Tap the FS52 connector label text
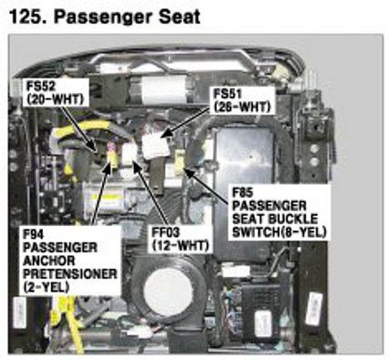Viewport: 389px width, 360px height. [41, 86]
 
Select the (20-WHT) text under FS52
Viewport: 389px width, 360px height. [55, 99]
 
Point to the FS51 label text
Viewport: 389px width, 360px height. [229, 94]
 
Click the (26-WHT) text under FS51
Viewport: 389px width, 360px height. [242, 107]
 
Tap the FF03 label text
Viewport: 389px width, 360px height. [166, 232]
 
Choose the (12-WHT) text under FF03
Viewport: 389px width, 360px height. [180, 245]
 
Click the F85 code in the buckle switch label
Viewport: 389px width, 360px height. [243, 192]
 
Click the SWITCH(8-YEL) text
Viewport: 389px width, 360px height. [280, 232]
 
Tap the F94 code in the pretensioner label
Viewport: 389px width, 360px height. [34, 234]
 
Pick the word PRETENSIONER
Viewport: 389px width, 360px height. [70, 273]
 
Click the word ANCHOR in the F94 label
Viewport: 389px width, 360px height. [49, 261]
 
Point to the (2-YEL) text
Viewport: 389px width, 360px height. [46, 287]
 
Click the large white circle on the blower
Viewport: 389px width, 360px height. [168, 292]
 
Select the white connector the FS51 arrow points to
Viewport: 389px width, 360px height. [156, 146]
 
